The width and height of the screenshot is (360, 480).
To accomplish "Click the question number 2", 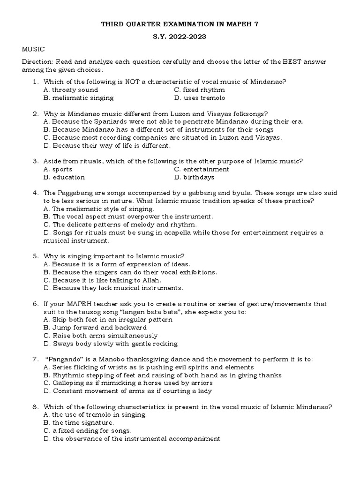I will point(35,113).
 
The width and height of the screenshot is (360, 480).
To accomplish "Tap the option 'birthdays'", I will point(199,177).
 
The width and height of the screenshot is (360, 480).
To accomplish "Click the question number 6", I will point(35,304).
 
